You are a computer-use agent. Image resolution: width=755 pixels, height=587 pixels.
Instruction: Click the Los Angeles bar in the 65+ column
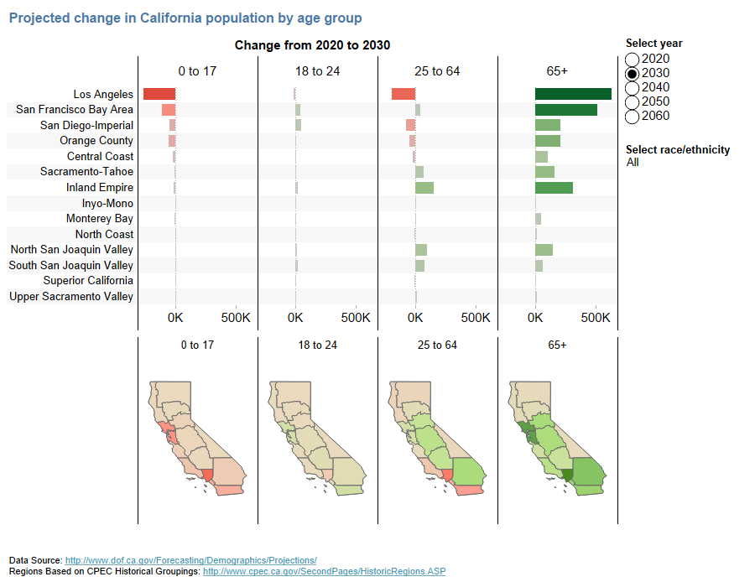pyautogui.click(x=573, y=94)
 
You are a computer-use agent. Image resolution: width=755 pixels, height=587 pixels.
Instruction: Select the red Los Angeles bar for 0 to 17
pyautogui.click(x=159, y=94)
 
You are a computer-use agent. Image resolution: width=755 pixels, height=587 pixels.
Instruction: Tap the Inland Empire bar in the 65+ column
pyautogui.click(x=554, y=188)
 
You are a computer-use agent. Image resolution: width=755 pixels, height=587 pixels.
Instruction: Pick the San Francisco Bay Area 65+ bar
pyautogui.click(x=566, y=110)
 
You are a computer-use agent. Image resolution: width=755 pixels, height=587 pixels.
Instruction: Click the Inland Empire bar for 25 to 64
pyautogui.click(x=424, y=188)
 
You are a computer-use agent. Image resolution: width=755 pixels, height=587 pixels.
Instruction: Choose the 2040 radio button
pyautogui.click(x=633, y=88)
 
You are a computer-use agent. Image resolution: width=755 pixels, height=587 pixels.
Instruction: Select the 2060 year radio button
pyautogui.click(x=633, y=117)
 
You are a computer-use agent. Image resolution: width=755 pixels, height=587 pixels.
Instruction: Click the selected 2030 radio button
pyautogui.click(x=633, y=74)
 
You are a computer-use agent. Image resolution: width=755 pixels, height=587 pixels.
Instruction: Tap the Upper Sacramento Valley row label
pyautogui.click(x=71, y=296)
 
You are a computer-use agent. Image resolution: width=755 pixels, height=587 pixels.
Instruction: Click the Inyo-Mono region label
pyautogui.click(x=107, y=203)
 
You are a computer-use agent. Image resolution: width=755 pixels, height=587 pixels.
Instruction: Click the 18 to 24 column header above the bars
pyautogui.click(x=317, y=71)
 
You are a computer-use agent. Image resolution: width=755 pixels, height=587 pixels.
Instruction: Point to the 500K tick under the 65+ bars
pyautogui.click(x=596, y=319)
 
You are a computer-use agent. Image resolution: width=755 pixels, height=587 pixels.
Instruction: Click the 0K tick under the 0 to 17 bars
pyautogui.click(x=175, y=319)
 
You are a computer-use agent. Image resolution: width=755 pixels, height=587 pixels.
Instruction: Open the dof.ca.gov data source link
pyautogui.click(x=190, y=560)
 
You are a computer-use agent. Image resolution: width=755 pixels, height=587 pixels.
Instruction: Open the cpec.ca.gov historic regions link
pyautogui.click(x=324, y=571)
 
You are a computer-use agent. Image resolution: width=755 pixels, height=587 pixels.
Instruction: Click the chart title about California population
pyautogui.click(x=185, y=18)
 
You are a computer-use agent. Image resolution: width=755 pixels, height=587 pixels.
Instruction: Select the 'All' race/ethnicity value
pyautogui.click(x=633, y=163)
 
